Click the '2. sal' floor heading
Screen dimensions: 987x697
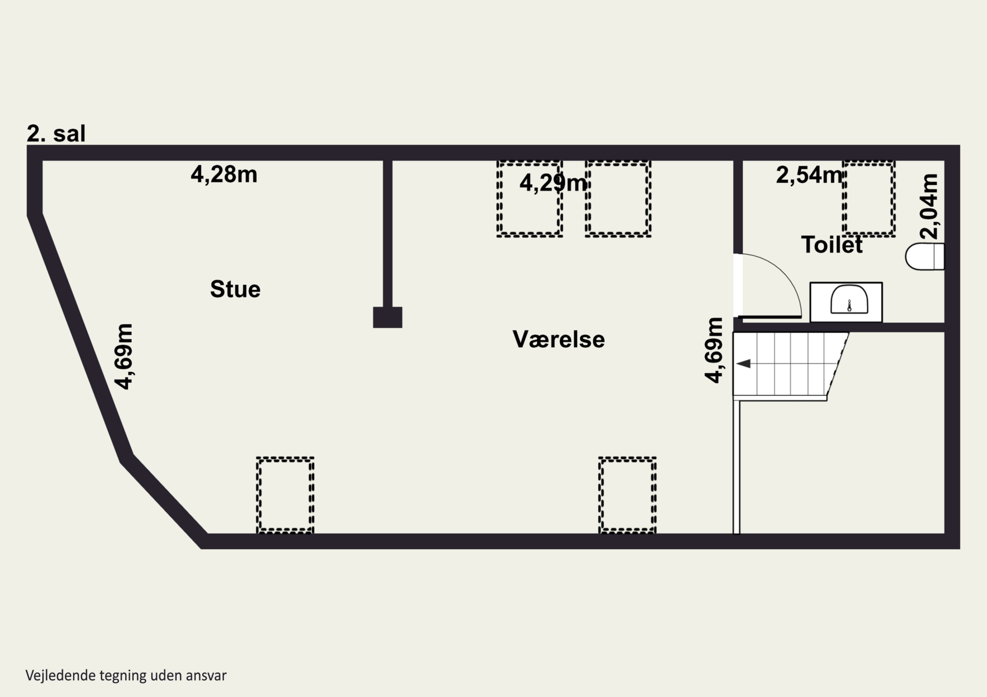coord(56,133)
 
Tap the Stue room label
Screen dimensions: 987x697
coord(235,289)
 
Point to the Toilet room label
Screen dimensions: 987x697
coord(832,245)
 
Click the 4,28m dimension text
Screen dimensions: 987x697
coord(224,175)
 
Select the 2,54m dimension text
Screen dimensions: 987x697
coord(809,175)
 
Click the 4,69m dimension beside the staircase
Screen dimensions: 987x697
coord(714,350)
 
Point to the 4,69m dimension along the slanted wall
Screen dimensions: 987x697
coord(123,357)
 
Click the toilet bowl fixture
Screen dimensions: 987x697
coord(925,257)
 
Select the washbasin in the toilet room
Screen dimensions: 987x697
coord(846,302)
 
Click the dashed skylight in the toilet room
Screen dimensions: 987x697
coord(869,199)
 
